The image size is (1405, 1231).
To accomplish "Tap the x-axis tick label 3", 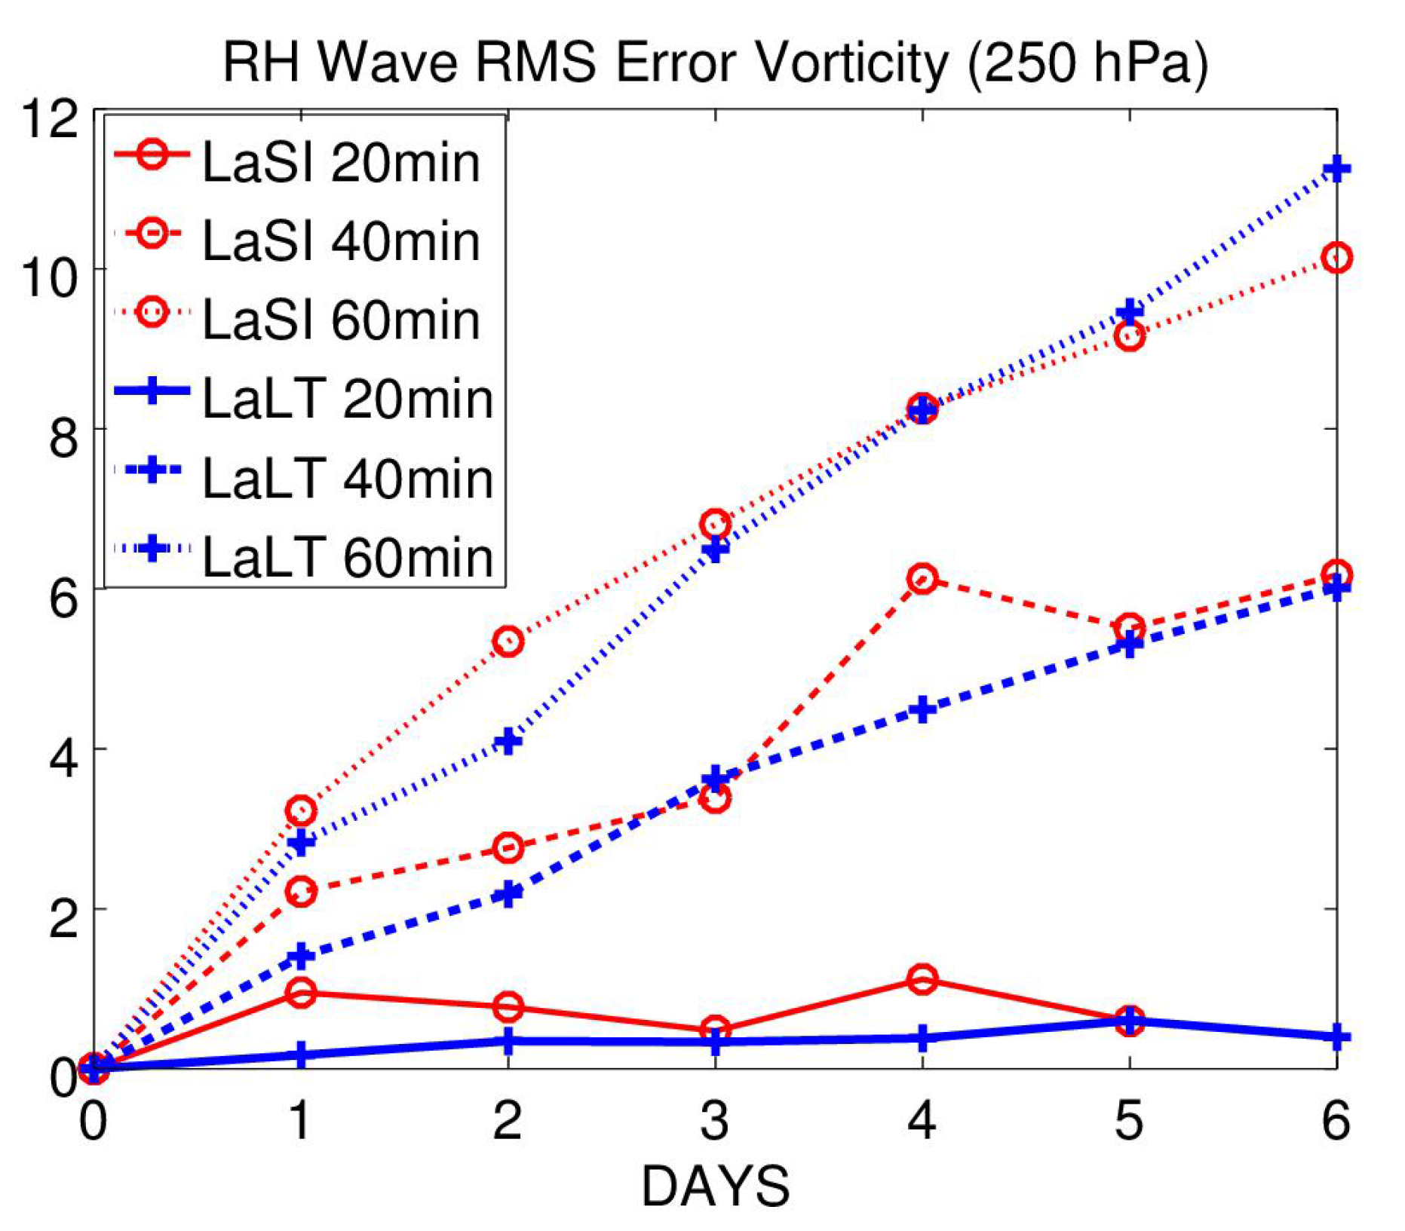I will (x=714, y=1120).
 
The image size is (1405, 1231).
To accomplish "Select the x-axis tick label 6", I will (x=1336, y=1120).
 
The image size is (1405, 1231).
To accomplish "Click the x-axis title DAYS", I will (x=715, y=1187).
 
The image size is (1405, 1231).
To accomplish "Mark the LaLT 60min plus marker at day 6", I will (x=1336, y=168).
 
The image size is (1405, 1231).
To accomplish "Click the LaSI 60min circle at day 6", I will (x=1336, y=258).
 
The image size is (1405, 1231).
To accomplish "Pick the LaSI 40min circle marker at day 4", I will (x=922, y=579).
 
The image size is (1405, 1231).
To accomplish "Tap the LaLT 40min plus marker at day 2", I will (x=508, y=894).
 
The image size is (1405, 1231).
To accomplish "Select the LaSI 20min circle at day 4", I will (x=922, y=979).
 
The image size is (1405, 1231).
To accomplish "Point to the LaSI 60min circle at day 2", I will (x=508, y=642).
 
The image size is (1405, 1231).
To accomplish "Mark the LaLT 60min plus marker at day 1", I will (x=301, y=842).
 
